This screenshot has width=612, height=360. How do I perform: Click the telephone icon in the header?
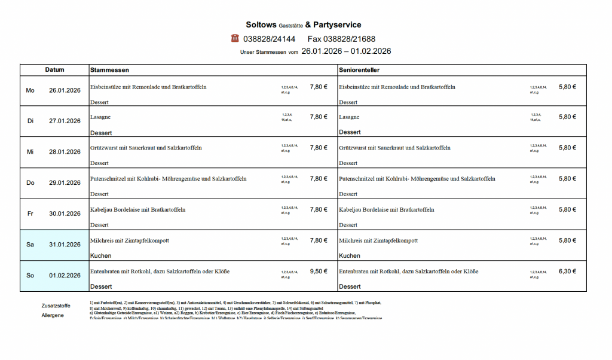tap(235, 38)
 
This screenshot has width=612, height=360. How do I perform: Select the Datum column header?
tap(54, 70)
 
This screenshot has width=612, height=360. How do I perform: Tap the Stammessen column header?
tap(109, 70)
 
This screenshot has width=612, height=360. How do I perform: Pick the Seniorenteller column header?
tap(359, 70)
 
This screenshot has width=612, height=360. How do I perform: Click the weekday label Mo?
tap(30, 90)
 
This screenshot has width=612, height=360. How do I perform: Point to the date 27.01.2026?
tap(65, 121)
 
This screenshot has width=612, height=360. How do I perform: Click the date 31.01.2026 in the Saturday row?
tap(65, 245)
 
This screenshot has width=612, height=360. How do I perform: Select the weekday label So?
tap(30, 276)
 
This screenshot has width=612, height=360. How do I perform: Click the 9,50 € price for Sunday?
tap(319, 271)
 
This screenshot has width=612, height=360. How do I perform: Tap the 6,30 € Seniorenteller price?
tap(567, 271)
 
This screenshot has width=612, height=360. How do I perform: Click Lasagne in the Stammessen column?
tap(100, 117)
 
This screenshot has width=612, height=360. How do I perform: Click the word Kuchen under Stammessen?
tap(100, 256)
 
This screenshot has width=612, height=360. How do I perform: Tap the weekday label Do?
tap(30, 182)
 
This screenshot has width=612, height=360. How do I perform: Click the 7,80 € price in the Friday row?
tap(319, 210)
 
